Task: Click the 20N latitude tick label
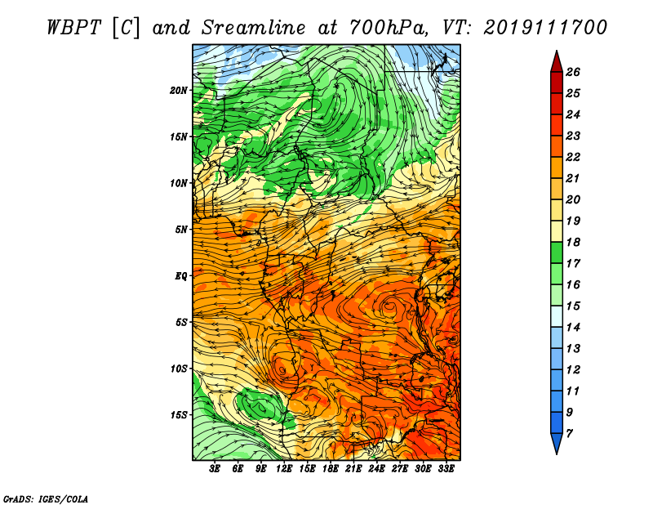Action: pyautogui.click(x=179, y=91)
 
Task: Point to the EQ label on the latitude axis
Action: pyautogui.click(x=181, y=276)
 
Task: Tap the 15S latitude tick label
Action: pyautogui.click(x=179, y=415)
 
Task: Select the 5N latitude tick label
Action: pyautogui.click(x=181, y=230)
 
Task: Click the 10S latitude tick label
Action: pyautogui.click(x=179, y=369)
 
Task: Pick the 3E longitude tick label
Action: pyautogui.click(x=215, y=469)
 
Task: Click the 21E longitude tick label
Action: pyautogui.click(x=353, y=469)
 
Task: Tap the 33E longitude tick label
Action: pyautogui.click(x=446, y=469)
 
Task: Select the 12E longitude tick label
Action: pyautogui.click(x=283, y=469)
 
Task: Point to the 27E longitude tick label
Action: pyautogui.click(x=400, y=469)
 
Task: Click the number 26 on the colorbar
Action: pyautogui.click(x=573, y=72)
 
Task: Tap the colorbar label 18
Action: pyautogui.click(x=573, y=242)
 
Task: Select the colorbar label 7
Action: pyautogui.click(x=569, y=434)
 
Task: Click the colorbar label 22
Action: pyautogui.click(x=573, y=157)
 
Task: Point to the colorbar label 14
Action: pyautogui.click(x=573, y=328)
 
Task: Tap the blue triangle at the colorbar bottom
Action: pyautogui.click(x=557, y=442)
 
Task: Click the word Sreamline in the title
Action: pyautogui.click(x=253, y=28)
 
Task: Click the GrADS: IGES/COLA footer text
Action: pyautogui.click(x=46, y=499)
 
